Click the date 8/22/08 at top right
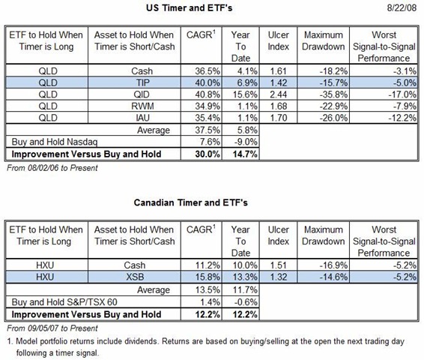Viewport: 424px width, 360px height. tap(402, 7)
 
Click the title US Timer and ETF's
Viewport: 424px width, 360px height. tap(189, 7)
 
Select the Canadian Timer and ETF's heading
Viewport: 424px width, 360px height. tap(190, 202)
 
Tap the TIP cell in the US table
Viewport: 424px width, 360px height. tap(142, 82)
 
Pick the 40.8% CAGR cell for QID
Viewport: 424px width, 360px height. tap(208, 94)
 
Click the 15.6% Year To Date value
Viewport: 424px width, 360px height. tap(245, 94)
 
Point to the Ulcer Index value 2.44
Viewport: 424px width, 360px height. tap(278, 94)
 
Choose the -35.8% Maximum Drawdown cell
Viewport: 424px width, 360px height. tap(333, 94)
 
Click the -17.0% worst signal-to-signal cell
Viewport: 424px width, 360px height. tap(402, 94)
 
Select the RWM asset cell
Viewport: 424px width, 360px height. tap(142, 106)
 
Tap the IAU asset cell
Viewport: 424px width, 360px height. tap(142, 118)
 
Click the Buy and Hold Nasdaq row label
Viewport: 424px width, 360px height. tap(55, 142)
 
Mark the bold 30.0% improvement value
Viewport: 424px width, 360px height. tap(208, 154)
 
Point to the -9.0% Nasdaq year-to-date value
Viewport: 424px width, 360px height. tap(246, 142)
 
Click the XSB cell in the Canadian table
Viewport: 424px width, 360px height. tap(135, 277)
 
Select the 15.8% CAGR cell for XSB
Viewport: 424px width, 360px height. tap(208, 277)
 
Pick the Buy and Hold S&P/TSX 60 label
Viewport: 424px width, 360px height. tap(64, 301)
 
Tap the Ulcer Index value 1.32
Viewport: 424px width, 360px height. tap(278, 277)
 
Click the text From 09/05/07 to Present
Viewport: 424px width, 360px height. tap(52, 328)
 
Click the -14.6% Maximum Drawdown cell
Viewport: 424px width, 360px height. tap(333, 277)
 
